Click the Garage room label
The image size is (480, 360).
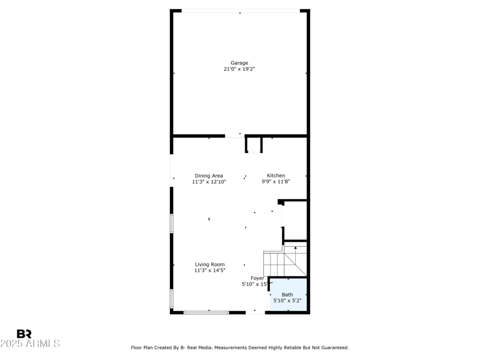[239, 63]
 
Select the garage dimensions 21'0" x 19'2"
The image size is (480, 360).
[239, 70]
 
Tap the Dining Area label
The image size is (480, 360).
[209, 176]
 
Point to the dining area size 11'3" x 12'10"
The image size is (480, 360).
[209, 182]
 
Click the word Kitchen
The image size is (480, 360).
[276, 176]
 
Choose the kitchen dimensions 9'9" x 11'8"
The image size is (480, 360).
[276, 182]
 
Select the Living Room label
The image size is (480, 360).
[209, 264]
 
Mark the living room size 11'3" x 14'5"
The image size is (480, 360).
[209, 271]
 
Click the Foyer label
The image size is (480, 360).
[257, 278]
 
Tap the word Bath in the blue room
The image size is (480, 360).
[288, 295]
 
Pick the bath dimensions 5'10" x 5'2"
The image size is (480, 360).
[288, 301]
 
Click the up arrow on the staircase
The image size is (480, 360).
[295, 248]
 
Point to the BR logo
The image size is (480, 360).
[24, 334]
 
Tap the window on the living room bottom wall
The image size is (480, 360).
[206, 312]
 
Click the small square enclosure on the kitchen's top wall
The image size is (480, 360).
[254, 145]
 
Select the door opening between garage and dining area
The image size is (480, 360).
[235, 136]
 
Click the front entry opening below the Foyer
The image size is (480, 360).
[256, 312]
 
